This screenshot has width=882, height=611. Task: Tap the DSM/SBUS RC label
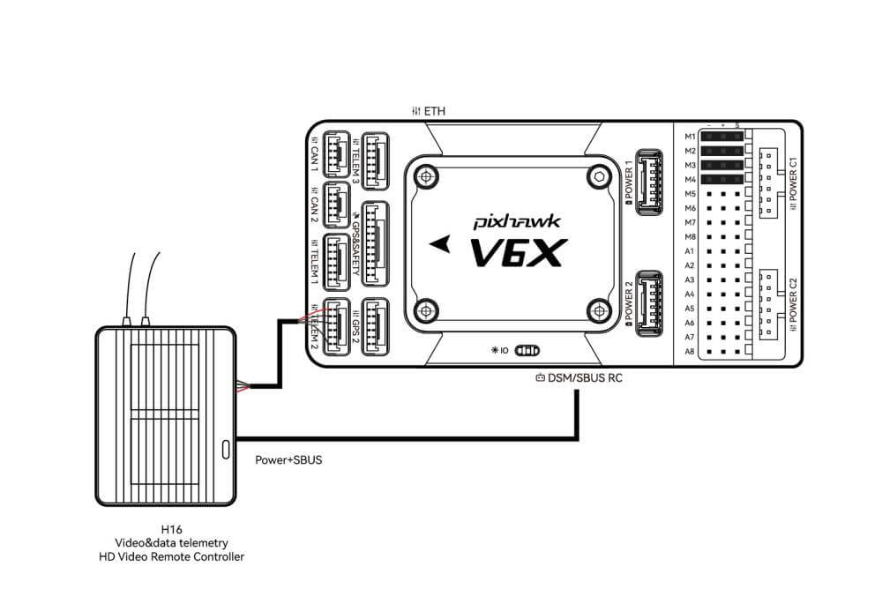[x=579, y=378]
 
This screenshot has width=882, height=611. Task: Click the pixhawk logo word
[x=512, y=223]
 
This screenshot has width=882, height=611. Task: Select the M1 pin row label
[x=690, y=137]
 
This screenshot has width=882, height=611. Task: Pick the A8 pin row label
[x=690, y=351]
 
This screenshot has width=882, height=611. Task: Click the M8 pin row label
[x=690, y=236]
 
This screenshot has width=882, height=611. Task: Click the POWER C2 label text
[x=794, y=300]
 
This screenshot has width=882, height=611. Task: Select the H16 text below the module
[x=172, y=529]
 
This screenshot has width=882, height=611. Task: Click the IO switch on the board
[x=527, y=350]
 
